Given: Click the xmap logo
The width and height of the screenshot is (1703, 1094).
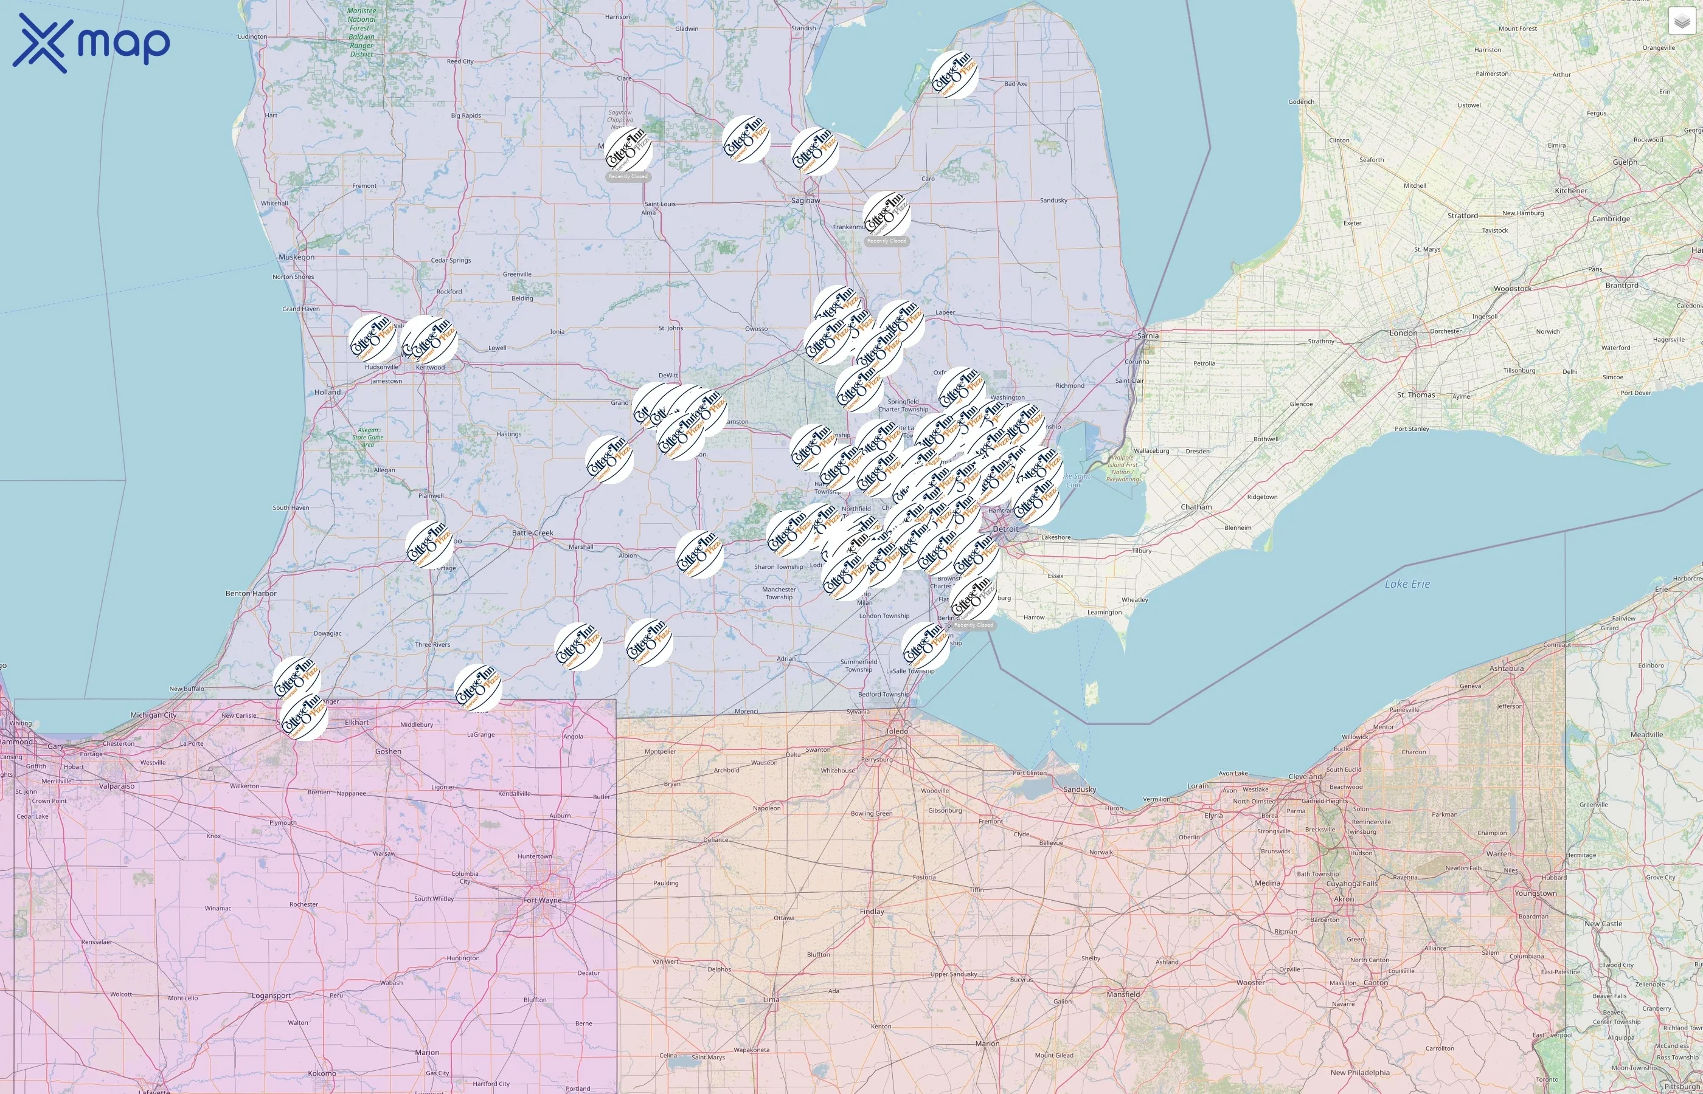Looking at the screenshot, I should (91, 43).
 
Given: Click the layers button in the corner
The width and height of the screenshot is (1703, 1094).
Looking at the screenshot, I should (1682, 22).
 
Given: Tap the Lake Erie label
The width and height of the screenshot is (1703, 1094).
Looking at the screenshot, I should (1407, 584).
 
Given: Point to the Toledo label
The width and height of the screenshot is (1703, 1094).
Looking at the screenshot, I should (897, 731).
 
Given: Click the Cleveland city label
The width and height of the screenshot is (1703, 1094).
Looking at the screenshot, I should (1305, 777).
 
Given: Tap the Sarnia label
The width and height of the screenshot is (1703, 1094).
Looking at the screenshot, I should (1147, 335).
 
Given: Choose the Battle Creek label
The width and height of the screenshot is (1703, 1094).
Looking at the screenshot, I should (532, 533).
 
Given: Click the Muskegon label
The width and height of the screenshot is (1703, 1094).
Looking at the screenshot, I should (296, 257).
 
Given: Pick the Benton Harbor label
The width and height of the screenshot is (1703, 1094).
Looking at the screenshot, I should (251, 593).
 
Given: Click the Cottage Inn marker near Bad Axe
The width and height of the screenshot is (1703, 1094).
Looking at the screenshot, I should (954, 75).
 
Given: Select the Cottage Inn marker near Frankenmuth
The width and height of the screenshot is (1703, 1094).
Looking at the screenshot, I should (886, 214).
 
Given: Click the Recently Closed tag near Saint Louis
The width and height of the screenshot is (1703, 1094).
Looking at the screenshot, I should (628, 177).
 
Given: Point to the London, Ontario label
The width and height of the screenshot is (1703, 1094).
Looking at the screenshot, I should (1403, 333).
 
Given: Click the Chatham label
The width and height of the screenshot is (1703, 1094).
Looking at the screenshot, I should (1196, 507).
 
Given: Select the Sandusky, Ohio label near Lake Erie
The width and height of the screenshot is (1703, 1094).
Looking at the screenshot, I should (1079, 790).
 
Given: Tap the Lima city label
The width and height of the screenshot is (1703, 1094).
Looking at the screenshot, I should (771, 1000).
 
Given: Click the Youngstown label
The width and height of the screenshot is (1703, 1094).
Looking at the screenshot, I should (1535, 893).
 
